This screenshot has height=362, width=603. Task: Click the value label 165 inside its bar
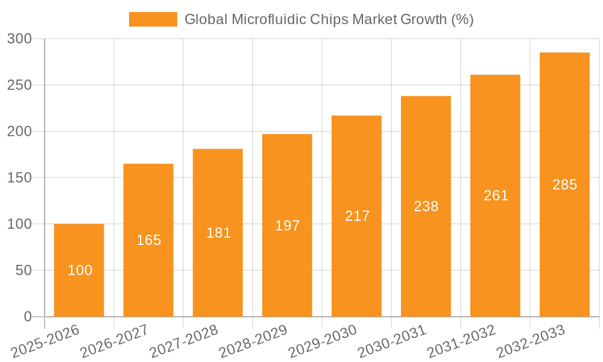[x=148, y=240]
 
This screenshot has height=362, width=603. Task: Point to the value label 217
[x=357, y=216]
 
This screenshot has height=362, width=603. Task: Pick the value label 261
[x=496, y=195]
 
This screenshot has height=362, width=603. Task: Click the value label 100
[x=80, y=270]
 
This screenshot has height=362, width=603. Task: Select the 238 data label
[x=426, y=206]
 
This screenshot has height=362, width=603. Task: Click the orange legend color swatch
[x=153, y=19]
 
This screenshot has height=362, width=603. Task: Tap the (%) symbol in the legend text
[x=462, y=19]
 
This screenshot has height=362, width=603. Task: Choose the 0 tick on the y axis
[x=27, y=317]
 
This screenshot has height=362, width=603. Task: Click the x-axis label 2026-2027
[x=115, y=341]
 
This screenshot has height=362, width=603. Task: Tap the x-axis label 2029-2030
[x=323, y=341]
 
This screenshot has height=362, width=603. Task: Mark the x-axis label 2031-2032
[x=461, y=341]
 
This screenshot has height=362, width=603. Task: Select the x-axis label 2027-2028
[x=184, y=341]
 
